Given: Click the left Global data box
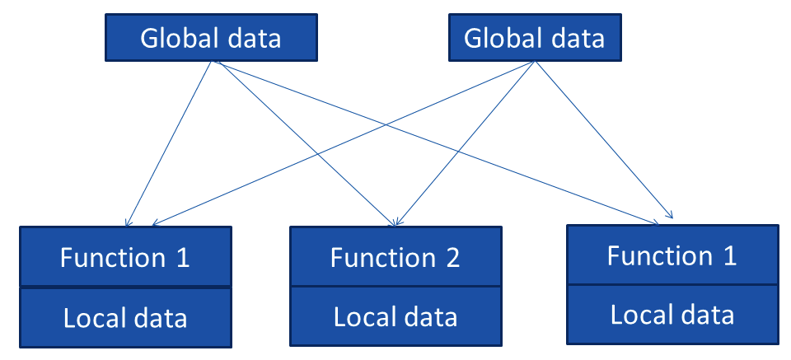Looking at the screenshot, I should coord(211,39).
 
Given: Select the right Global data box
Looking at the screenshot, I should coord(534,39).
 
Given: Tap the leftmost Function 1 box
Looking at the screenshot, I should coord(124,257).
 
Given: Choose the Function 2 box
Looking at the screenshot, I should coord(395,257).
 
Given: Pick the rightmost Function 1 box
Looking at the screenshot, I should coord(672,255).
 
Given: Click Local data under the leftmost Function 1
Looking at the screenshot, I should coord(124,317).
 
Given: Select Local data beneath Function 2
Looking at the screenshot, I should coord(395,316).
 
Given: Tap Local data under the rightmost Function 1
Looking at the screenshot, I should coord(672,314).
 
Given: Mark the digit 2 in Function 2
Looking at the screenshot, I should coord(452,258).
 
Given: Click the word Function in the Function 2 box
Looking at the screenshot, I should coord(380,258).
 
